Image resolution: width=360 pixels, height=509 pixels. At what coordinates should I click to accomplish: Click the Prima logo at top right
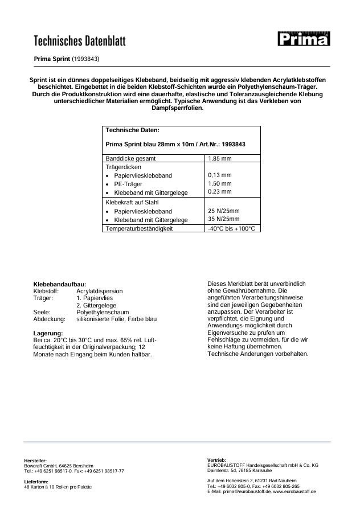click(x=303, y=39)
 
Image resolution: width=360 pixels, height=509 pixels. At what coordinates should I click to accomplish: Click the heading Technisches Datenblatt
click(x=80, y=40)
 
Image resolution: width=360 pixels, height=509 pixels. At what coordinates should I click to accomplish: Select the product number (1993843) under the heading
click(x=86, y=59)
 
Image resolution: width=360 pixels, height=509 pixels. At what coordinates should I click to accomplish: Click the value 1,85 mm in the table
click(x=220, y=158)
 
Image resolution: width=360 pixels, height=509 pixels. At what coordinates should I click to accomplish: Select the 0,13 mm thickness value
click(x=220, y=175)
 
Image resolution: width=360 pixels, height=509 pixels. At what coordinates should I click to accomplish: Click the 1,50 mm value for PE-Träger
click(x=220, y=184)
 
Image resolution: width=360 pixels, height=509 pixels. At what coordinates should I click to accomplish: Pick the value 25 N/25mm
click(x=224, y=211)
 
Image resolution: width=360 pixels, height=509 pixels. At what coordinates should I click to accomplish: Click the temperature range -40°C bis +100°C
click(x=232, y=228)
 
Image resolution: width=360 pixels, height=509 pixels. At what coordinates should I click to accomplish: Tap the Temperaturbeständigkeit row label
click(x=139, y=228)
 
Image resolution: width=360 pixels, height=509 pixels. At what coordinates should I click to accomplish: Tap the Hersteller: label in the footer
click(x=35, y=460)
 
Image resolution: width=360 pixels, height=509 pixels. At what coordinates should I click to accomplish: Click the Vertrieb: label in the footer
click(x=217, y=459)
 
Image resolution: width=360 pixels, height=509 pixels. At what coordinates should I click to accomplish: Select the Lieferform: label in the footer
click(x=36, y=481)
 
